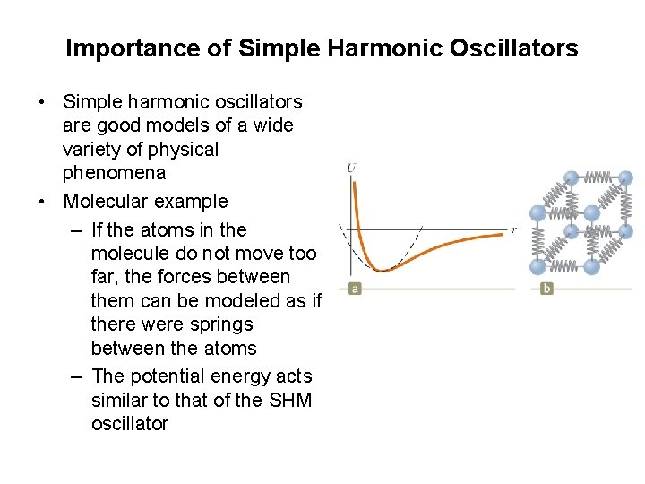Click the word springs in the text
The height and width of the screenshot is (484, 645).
click(217, 324)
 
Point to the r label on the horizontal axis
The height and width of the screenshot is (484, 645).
click(513, 229)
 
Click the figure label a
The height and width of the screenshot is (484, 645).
click(355, 289)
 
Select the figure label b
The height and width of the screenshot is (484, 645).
click(546, 289)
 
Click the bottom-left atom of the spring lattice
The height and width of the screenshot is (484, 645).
click(537, 266)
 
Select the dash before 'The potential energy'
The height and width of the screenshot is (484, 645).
click(76, 376)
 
